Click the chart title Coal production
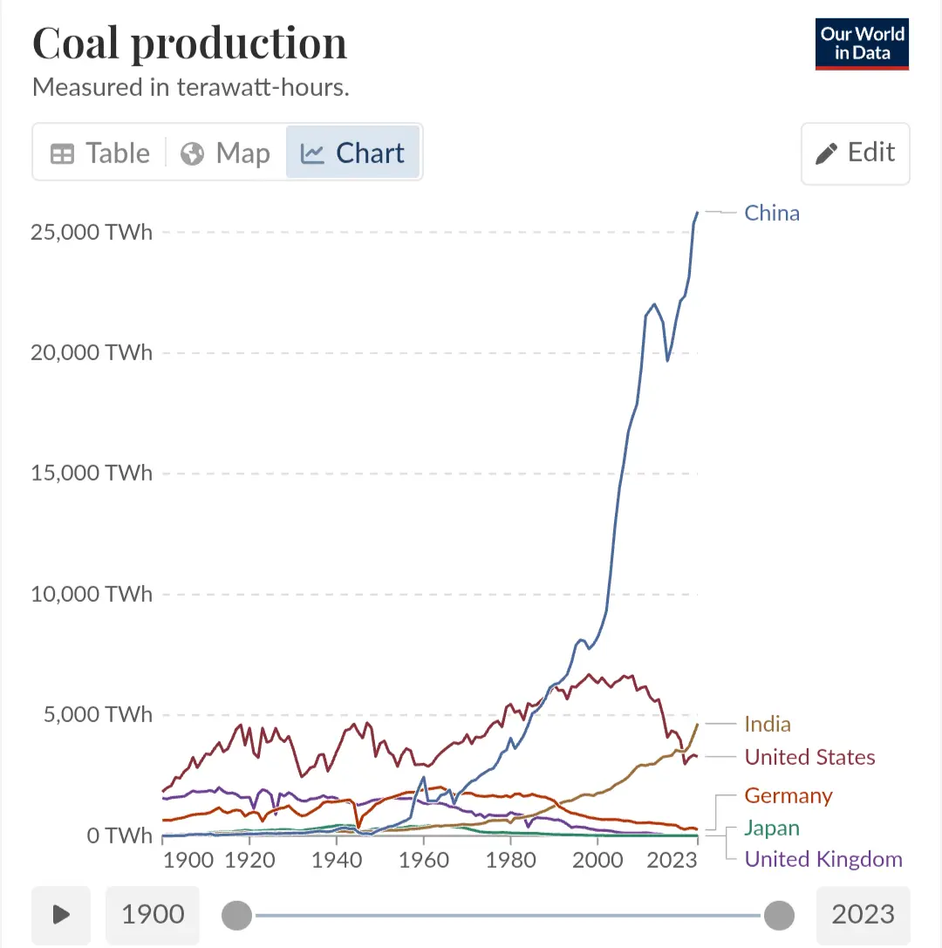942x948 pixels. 189,44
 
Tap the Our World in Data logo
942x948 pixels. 862,44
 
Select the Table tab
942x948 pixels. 100,153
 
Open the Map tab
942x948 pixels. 225,153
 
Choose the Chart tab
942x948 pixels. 352,153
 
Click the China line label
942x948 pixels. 771,214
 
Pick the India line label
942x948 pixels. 768,724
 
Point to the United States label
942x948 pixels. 809,757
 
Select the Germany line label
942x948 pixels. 788,795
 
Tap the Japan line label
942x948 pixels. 772,828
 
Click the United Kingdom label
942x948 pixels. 823,859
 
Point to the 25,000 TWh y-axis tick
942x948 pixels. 91,232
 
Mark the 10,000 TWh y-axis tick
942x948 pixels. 91,595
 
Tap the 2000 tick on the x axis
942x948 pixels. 597,859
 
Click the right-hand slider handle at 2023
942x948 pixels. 779,915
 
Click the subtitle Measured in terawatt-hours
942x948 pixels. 190,88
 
